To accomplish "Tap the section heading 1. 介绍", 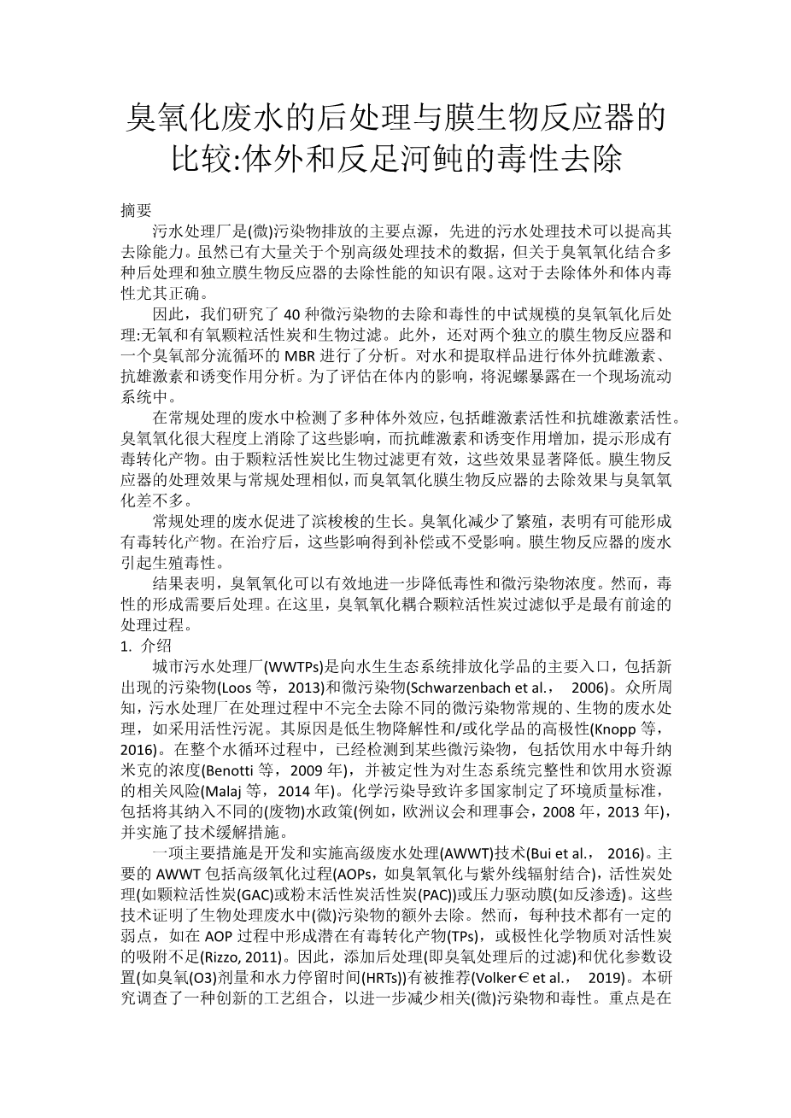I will [x=147, y=646].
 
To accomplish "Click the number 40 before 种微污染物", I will [x=293, y=313].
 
